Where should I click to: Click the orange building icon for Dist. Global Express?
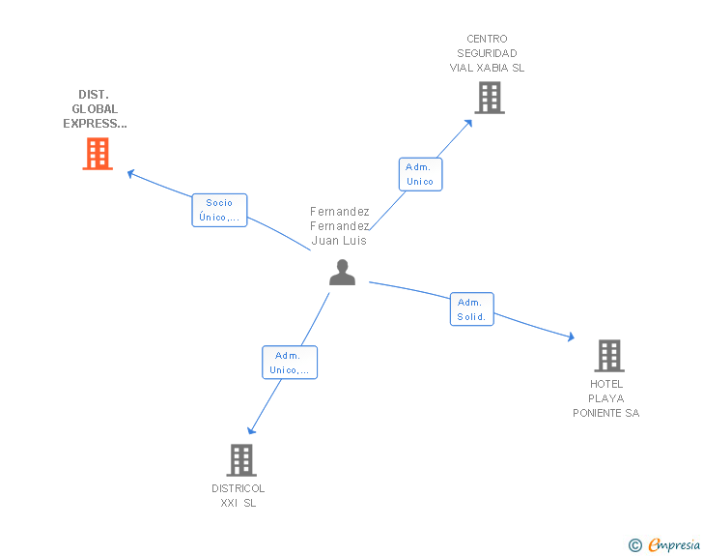(x=97, y=154)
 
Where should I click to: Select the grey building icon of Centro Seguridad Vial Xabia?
(x=489, y=98)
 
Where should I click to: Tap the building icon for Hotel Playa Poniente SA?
(x=608, y=356)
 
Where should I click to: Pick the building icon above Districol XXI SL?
(x=241, y=460)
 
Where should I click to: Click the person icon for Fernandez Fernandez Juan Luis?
(x=342, y=273)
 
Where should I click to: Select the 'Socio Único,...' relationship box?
(x=219, y=210)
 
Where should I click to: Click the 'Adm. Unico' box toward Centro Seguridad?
(x=420, y=174)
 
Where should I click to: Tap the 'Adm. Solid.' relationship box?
(x=471, y=309)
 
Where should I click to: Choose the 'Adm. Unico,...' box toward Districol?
(x=290, y=363)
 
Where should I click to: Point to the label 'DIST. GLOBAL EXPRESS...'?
(x=95, y=109)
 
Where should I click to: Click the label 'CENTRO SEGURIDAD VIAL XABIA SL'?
(x=488, y=54)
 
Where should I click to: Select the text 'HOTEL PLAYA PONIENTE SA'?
(x=606, y=398)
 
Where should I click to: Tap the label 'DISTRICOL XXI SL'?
(x=239, y=495)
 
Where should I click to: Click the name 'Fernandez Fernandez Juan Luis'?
(x=340, y=225)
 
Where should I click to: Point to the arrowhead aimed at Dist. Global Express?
(x=131, y=174)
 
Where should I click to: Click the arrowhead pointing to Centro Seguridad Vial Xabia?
(x=468, y=123)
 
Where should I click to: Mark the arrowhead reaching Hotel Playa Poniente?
(x=571, y=337)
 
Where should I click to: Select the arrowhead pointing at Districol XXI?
(x=252, y=430)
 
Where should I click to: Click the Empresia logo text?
(x=674, y=545)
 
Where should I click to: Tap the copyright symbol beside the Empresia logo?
(x=634, y=545)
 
